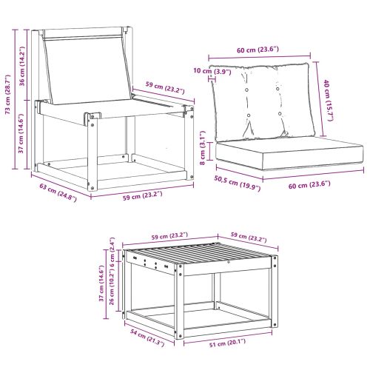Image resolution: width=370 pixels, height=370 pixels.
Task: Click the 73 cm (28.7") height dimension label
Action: (x=8, y=95)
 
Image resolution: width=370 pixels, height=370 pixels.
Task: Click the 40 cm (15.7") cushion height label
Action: (x=326, y=97)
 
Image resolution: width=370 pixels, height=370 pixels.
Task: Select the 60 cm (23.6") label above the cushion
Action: (x=258, y=50)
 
